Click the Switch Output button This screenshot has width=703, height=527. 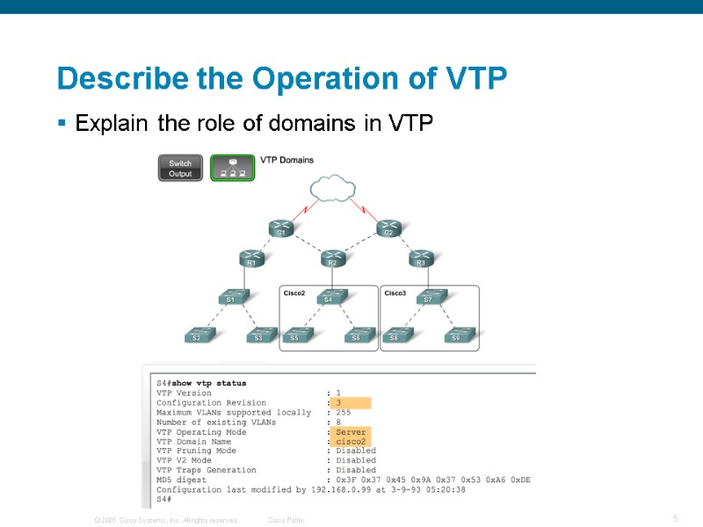pyautogui.click(x=180, y=168)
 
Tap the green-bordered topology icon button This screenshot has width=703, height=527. pyautogui.click(x=232, y=168)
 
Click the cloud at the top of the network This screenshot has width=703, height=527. pyautogui.click(x=332, y=188)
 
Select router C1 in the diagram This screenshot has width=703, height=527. pyautogui.click(x=281, y=228)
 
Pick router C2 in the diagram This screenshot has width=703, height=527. pyautogui.click(x=388, y=228)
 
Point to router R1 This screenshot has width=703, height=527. pyautogui.click(x=250, y=258)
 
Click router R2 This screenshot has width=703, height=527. pyautogui.click(x=332, y=258)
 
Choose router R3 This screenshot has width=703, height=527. pyautogui.click(x=421, y=258)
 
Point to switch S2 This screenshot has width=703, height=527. pyautogui.click(x=197, y=334)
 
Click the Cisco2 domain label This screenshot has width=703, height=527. pyautogui.click(x=294, y=292)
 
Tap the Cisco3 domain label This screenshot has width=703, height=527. pyautogui.click(x=395, y=292)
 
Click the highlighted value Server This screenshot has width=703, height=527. pyautogui.click(x=351, y=432)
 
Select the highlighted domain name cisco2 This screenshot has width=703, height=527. pyautogui.click(x=351, y=442)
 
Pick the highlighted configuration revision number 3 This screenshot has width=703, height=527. pyautogui.click(x=338, y=403)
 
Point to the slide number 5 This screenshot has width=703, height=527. pyautogui.click(x=676, y=519)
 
